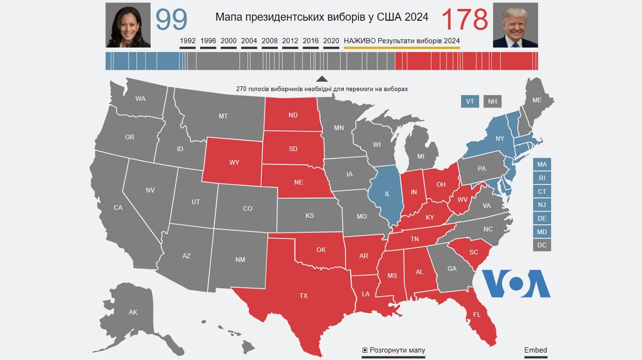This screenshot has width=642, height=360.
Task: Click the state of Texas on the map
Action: click(303, 296)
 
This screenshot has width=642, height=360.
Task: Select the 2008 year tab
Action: click(270, 41)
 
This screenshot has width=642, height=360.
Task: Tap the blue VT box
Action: click(470, 101)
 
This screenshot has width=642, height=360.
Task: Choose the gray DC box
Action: click(542, 245)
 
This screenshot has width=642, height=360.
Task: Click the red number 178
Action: click(464, 20)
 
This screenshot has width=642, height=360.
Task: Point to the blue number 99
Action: click(171, 20)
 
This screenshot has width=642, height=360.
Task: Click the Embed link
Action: click(535, 350)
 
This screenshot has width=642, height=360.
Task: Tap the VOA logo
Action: click(516, 283)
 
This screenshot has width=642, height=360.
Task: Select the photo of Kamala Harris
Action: click(128, 25)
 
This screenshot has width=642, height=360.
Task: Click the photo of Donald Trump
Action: click(515, 25)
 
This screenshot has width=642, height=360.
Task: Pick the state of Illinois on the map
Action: click(387, 194)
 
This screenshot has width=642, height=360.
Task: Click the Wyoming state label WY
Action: click(234, 162)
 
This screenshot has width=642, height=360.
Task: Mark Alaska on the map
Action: click(133, 312)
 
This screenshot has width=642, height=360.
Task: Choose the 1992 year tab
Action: click(188, 41)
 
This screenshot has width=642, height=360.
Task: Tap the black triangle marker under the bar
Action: click(321, 79)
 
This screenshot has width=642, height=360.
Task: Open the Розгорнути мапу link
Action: click(394, 350)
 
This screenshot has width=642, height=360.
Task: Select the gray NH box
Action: click(492, 101)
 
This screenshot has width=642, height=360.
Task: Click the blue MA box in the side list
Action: click(542, 164)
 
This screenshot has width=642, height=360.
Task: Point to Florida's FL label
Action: click(477, 314)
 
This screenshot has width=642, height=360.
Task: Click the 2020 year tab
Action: click(331, 41)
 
